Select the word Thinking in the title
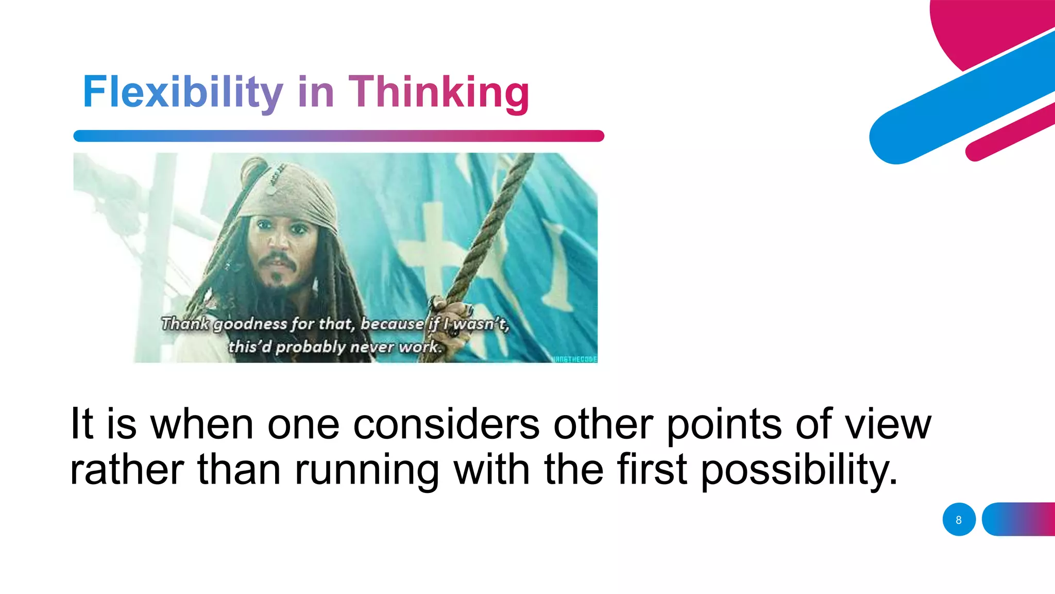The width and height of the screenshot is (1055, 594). (439, 92)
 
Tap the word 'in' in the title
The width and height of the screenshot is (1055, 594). (316, 92)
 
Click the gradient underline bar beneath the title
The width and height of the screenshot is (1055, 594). (338, 136)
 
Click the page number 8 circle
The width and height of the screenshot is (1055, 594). (959, 519)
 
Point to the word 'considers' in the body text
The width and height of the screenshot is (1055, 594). (446, 424)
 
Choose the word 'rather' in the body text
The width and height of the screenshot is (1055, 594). (127, 470)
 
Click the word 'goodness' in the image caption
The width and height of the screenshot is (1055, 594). (250, 324)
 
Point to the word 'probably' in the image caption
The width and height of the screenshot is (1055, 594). (311, 346)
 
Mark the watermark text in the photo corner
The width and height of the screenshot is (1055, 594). (574, 359)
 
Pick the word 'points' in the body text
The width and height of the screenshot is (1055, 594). (724, 424)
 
